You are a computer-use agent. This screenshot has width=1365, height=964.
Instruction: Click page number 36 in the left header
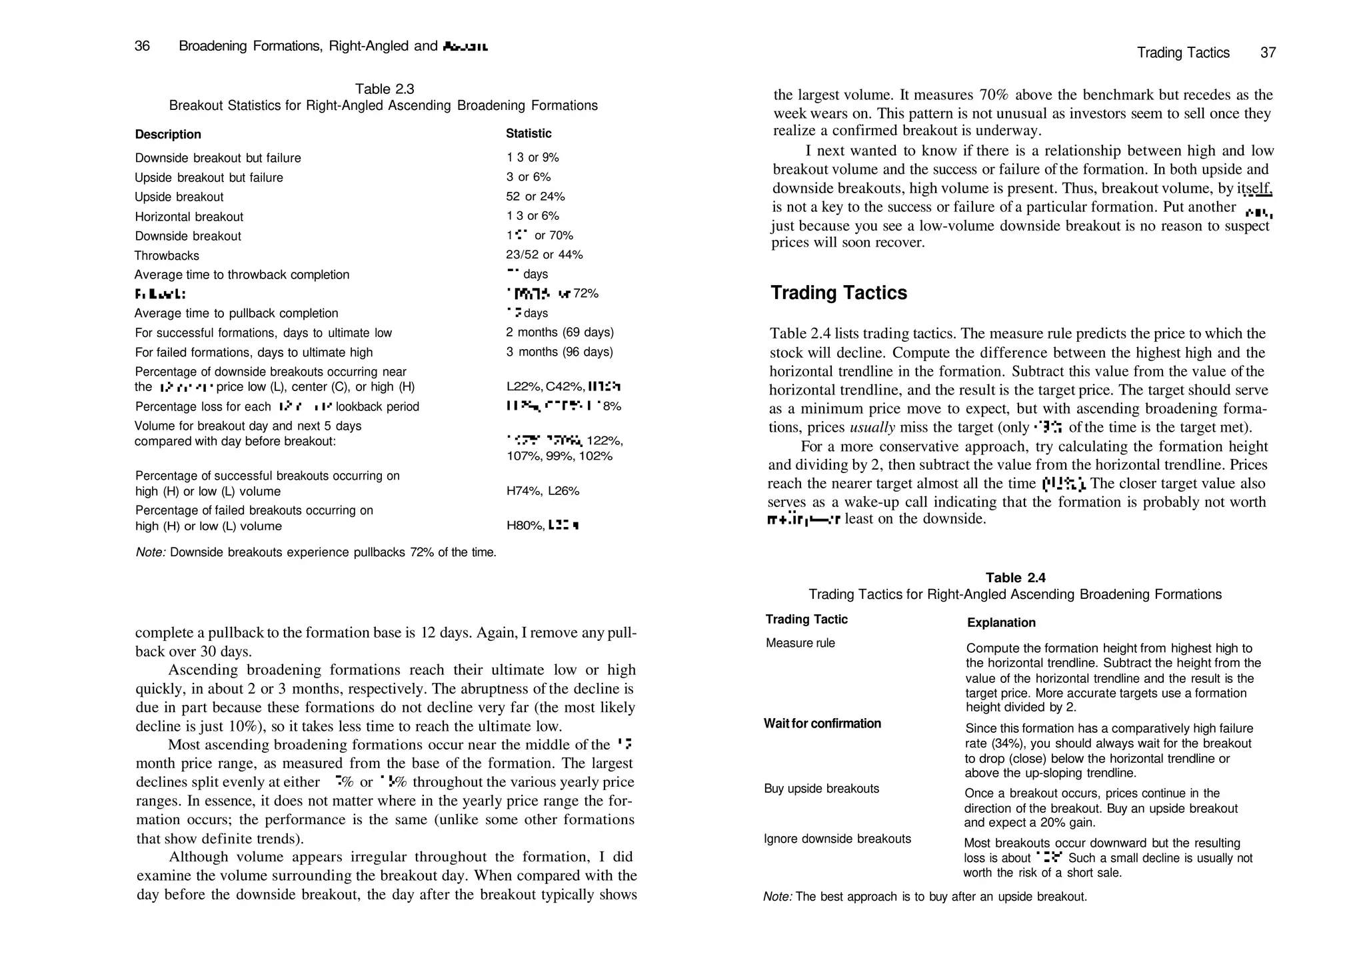pyautogui.click(x=142, y=46)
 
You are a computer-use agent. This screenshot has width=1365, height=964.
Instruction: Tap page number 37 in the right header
pyautogui.click(x=1268, y=53)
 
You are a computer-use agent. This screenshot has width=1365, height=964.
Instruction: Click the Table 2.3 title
pyautogui.click(x=384, y=89)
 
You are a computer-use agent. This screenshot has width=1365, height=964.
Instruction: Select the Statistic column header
pyautogui.click(x=529, y=134)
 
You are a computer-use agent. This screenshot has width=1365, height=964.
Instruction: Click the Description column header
pyautogui.click(x=168, y=135)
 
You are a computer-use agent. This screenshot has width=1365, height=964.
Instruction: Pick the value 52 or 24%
pyautogui.click(x=535, y=197)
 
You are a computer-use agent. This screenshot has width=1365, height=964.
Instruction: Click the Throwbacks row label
pyautogui.click(x=167, y=256)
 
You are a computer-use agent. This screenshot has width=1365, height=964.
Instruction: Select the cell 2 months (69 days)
pyautogui.click(x=559, y=332)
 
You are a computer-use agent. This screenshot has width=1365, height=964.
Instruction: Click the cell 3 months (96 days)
pyautogui.click(x=559, y=352)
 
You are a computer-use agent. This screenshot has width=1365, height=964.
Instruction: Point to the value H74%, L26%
pyautogui.click(x=543, y=492)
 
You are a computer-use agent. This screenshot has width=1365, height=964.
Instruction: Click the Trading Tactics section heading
pyautogui.click(x=838, y=293)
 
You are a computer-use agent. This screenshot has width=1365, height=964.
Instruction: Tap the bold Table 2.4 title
pyautogui.click(x=1015, y=578)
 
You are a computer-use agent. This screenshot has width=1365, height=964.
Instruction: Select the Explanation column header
pyautogui.click(x=1001, y=623)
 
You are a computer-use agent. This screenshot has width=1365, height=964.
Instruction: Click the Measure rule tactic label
pyautogui.click(x=800, y=644)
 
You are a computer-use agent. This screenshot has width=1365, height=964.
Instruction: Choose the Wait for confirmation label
pyautogui.click(x=822, y=723)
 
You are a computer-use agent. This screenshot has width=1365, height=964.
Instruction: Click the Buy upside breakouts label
pyautogui.click(x=821, y=789)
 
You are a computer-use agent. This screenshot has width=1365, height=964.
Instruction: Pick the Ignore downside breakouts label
pyautogui.click(x=837, y=839)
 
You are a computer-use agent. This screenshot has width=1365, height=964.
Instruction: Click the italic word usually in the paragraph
pyautogui.click(x=872, y=428)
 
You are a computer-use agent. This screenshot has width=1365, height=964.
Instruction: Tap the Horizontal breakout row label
pyautogui.click(x=189, y=217)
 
